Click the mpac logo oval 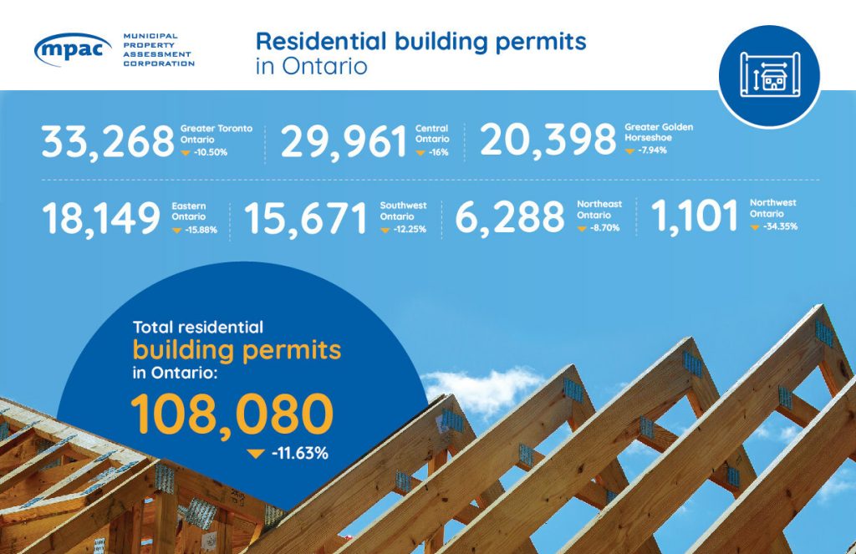click(73, 49)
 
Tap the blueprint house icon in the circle click(770, 74)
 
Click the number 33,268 click(108, 142)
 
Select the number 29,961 click(344, 142)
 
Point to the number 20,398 click(548, 140)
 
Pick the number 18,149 click(101, 218)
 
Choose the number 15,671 click(305, 218)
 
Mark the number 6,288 click(509, 216)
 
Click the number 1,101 click(695, 216)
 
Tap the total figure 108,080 click(232, 415)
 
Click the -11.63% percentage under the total click(300, 453)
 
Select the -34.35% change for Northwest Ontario click(781, 226)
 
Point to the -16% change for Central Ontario click(438, 152)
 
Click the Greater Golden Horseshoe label click(659, 132)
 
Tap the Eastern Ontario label click(189, 211)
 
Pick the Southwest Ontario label click(404, 211)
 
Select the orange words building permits click(237, 351)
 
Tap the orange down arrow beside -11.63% click(256, 454)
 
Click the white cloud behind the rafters click(483, 389)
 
